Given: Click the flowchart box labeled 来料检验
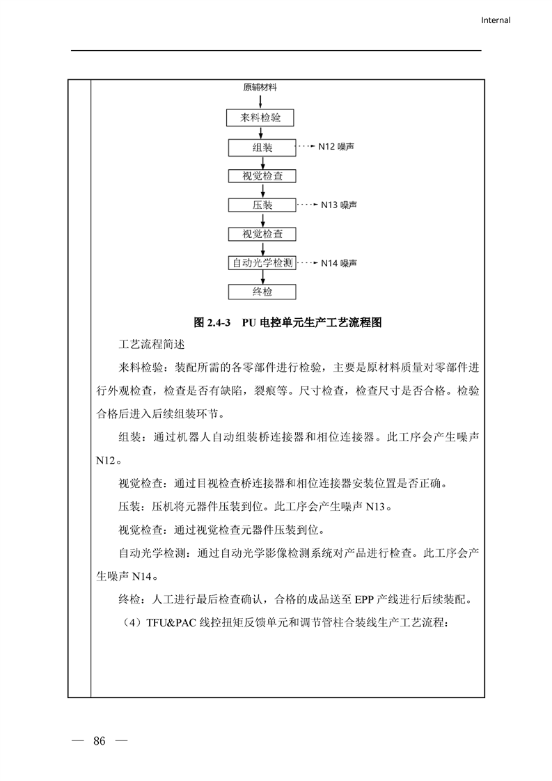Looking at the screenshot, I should (x=262, y=118).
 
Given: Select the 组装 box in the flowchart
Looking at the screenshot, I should (x=262, y=148).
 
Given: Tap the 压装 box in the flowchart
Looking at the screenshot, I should (x=262, y=205).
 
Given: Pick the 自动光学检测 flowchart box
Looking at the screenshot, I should (x=262, y=263).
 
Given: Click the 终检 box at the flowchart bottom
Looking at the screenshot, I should (x=262, y=292).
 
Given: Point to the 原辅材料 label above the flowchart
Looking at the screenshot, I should (x=260, y=87).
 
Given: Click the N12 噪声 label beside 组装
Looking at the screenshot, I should (x=336, y=148).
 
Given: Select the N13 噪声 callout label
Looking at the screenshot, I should (x=339, y=205).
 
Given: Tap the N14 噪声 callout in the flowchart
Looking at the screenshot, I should (x=339, y=263).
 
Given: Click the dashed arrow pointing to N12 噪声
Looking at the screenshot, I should (x=306, y=148).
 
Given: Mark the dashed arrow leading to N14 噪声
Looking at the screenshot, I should (x=307, y=263).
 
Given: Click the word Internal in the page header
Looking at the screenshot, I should (x=496, y=20).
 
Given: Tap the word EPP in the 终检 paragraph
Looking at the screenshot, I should (x=365, y=599).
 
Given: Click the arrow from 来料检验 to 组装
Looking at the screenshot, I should (x=262, y=132).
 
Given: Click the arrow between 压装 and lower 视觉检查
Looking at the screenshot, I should (x=262, y=219).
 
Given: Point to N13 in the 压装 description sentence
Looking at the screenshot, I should (x=376, y=507).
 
